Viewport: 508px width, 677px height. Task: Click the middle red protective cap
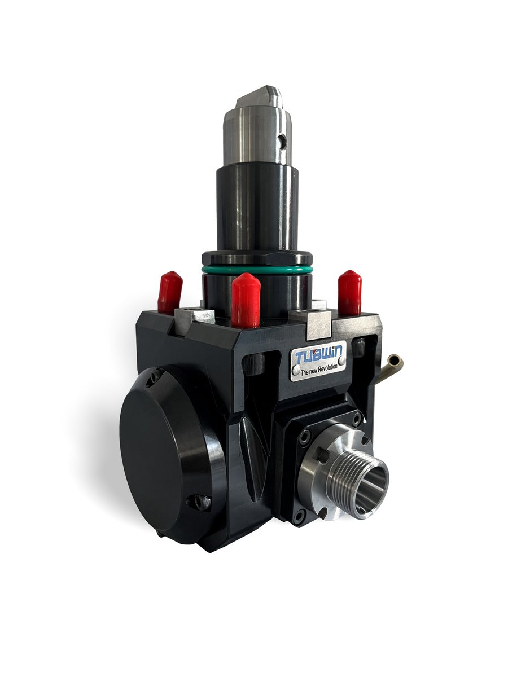(x=246, y=300)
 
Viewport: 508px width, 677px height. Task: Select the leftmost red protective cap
(x=169, y=292)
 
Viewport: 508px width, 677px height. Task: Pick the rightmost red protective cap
(x=349, y=292)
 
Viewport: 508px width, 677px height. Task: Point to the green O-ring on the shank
(x=257, y=270)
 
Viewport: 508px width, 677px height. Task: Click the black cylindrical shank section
(x=257, y=209)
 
